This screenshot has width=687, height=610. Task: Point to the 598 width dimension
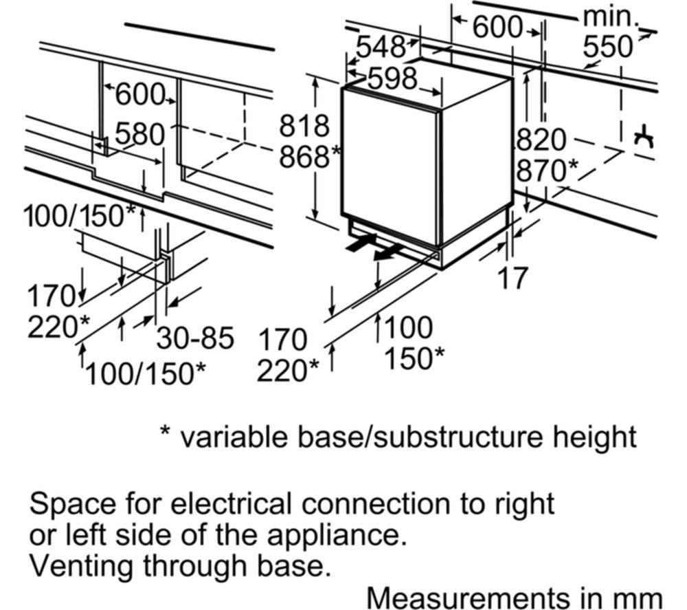(x=392, y=78)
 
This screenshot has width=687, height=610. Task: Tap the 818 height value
(x=304, y=127)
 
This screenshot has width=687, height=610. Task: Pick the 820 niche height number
(x=541, y=141)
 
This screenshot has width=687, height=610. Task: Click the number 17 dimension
(x=513, y=278)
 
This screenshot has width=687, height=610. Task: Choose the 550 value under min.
(x=607, y=47)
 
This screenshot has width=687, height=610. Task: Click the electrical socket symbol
(x=644, y=138)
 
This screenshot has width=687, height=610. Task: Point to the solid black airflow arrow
(x=361, y=242)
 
